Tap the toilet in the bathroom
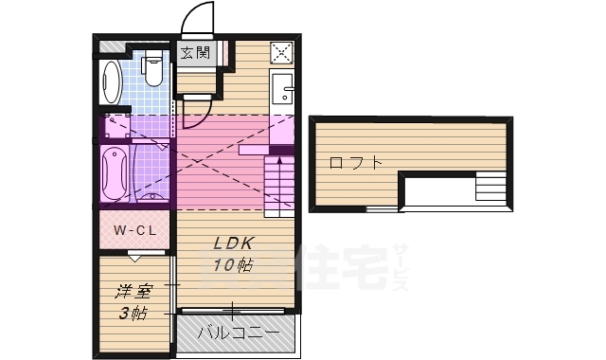[x=151, y=69]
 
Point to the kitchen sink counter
[x=282, y=91]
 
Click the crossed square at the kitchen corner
[x=283, y=53]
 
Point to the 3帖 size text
[x=132, y=312]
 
